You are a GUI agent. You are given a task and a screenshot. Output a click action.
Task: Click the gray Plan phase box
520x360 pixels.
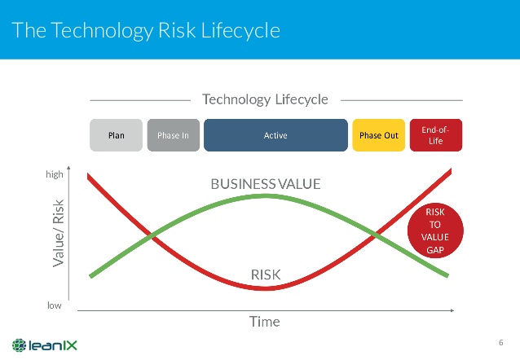click(116, 135)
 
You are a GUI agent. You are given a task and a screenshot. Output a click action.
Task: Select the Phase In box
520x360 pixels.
click(174, 135)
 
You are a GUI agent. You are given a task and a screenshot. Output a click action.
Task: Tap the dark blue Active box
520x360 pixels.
click(275, 135)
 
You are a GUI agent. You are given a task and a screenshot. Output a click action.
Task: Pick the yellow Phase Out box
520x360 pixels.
click(379, 135)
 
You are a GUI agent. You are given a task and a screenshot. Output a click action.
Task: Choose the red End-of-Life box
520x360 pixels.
click(436, 135)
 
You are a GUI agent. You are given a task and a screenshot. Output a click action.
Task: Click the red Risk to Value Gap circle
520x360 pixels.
click(435, 230)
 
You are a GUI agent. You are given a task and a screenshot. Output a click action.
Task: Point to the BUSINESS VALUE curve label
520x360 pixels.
click(266, 184)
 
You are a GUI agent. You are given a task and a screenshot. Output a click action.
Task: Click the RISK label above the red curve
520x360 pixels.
click(266, 274)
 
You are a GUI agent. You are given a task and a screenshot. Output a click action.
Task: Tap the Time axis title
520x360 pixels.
click(265, 322)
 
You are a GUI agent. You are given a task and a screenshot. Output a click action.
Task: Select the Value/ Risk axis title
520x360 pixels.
click(59, 233)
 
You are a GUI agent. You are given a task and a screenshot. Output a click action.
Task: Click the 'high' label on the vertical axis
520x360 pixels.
click(55, 174)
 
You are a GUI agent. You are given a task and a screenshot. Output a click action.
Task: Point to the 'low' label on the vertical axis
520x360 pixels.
click(55, 305)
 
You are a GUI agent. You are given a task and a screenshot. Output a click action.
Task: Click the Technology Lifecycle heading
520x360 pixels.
click(265, 99)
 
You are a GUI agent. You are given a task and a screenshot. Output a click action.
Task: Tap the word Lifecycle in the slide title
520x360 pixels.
click(240, 30)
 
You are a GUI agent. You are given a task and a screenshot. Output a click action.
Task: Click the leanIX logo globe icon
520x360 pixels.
click(20, 345)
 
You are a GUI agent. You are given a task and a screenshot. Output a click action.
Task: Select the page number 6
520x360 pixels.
click(500, 342)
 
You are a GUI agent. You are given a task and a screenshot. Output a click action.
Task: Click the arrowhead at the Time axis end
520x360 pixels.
click(452, 310)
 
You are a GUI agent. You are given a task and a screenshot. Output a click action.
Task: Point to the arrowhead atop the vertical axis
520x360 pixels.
click(68, 168)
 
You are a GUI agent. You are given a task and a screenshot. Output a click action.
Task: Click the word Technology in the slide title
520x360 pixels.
click(102, 30)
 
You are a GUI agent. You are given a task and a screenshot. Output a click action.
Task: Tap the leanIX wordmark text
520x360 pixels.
click(53, 345)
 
